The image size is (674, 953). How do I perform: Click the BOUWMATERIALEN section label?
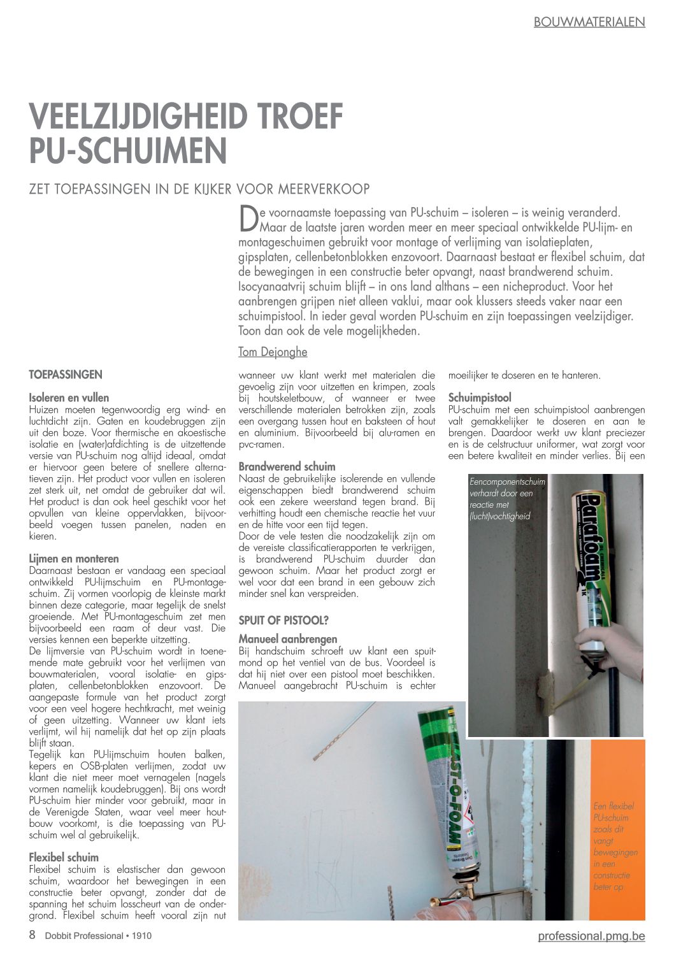(x=589, y=22)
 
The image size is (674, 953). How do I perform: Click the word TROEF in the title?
(x=299, y=117)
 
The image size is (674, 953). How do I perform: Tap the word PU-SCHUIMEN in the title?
(x=128, y=150)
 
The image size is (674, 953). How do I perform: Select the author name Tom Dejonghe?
(x=273, y=352)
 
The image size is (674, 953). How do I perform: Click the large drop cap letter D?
(x=248, y=219)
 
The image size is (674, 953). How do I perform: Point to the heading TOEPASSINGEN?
(x=66, y=375)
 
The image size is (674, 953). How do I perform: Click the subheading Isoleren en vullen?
(x=69, y=398)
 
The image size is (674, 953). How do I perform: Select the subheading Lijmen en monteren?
(x=74, y=559)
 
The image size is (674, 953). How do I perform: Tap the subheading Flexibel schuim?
(x=64, y=857)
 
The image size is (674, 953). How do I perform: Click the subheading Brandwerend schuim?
(x=287, y=466)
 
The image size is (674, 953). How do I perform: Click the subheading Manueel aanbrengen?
(x=288, y=639)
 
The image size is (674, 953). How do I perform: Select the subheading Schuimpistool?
(x=480, y=398)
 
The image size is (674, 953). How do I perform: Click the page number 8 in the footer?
(x=32, y=935)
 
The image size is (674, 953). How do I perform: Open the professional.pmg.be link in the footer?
(x=591, y=936)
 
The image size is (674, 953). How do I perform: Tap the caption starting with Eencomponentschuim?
(x=507, y=499)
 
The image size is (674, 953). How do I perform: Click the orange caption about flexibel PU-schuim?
(x=614, y=846)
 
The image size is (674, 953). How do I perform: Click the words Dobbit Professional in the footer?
(x=83, y=936)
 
